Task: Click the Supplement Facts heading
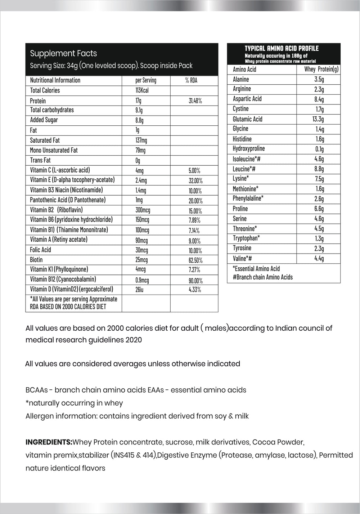[x=63, y=54]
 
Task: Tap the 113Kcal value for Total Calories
[x=142, y=90]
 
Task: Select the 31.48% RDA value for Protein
[x=195, y=101]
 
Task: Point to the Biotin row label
[x=36, y=260]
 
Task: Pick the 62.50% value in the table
[x=195, y=260]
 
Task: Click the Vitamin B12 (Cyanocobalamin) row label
[x=63, y=280]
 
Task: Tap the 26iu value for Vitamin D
[x=139, y=289]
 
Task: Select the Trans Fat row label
[x=40, y=160]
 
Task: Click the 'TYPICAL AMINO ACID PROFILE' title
[x=282, y=48]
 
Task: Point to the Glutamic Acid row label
[x=248, y=119]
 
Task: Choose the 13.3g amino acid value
[x=318, y=119]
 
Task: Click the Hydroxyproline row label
[x=249, y=149]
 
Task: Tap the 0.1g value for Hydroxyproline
[x=319, y=149]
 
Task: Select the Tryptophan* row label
[x=246, y=238]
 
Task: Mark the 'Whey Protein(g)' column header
[x=321, y=70]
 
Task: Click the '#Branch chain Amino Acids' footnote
[x=263, y=277]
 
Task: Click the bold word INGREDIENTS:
[x=49, y=442]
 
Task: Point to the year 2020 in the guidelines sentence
[x=134, y=340]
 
